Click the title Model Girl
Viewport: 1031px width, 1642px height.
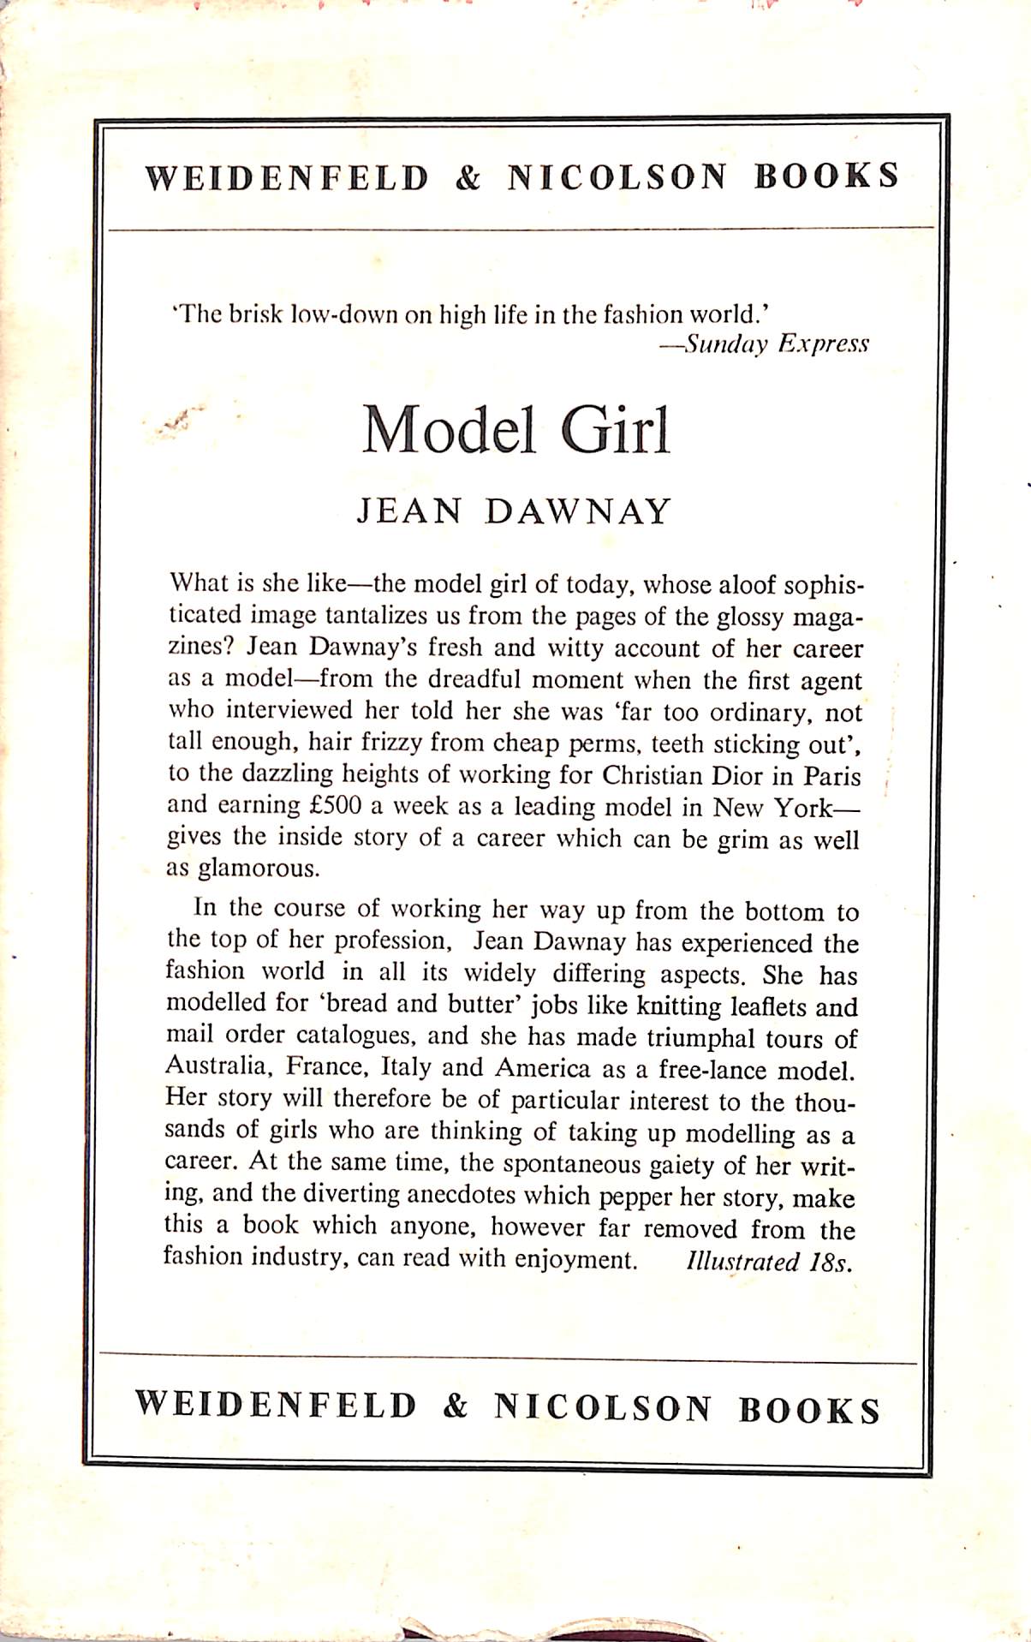point(515,430)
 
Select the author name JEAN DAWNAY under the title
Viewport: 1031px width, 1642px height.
point(515,512)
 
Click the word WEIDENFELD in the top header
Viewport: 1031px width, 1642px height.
point(287,177)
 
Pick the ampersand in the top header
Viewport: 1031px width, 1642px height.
point(468,177)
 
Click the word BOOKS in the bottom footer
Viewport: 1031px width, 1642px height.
point(809,1411)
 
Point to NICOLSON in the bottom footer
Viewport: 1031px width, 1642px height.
point(602,1409)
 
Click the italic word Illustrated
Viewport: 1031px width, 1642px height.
point(742,1262)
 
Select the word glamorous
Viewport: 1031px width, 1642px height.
point(259,869)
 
